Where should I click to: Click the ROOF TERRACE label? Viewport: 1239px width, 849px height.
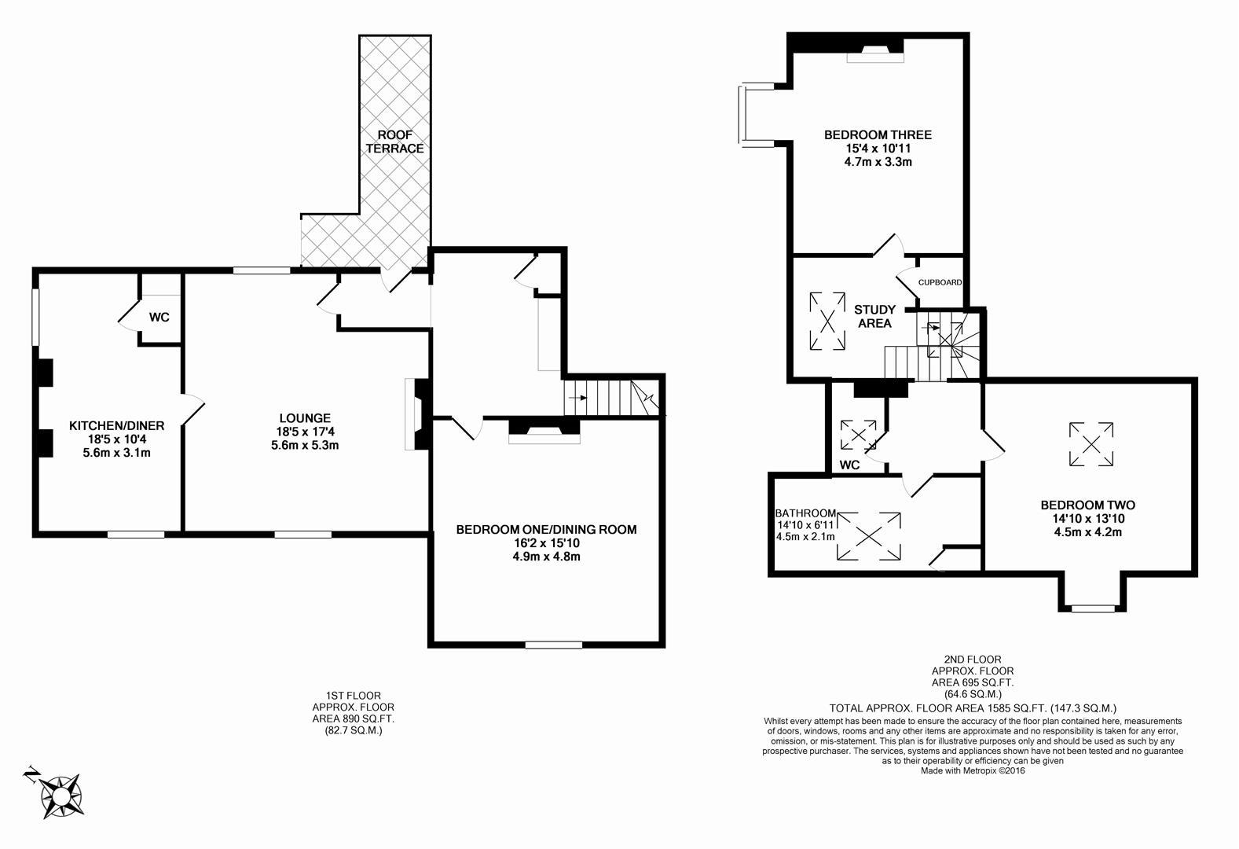pyautogui.click(x=394, y=141)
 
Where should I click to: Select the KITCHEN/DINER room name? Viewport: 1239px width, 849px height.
pyautogui.click(x=117, y=426)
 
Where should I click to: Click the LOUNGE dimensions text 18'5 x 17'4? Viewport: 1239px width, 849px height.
pyautogui.click(x=304, y=432)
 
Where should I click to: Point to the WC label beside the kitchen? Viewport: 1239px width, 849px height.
pyautogui.click(x=159, y=318)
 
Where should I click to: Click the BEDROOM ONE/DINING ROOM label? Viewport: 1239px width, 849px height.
pyautogui.click(x=546, y=530)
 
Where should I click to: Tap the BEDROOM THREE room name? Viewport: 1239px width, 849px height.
pyautogui.click(x=878, y=135)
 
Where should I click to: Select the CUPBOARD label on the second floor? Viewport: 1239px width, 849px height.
pyautogui.click(x=940, y=282)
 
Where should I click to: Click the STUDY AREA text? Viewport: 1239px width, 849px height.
pyautogui.click(x=874, y=316)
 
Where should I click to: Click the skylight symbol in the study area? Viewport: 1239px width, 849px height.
pyautogui.click(x=828, y=321)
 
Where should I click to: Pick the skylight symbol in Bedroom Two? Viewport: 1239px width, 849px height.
pyautogui.click(x=1091, y=444)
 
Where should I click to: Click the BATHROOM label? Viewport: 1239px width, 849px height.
pyautogui.click(x=805, y=513)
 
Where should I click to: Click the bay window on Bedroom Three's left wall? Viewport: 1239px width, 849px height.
pyautogui.click(x=742, y=115)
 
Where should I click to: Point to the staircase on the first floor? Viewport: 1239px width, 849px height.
pyautogui.click(x=609, y=398)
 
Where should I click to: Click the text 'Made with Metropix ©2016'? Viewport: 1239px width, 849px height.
pyautogui.click(x=973, y=770)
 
